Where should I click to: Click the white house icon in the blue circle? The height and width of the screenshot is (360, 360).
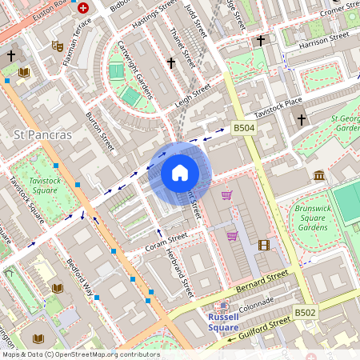[x=180, y=173]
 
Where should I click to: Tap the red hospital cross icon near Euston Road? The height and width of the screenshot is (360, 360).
[x=84, y=7]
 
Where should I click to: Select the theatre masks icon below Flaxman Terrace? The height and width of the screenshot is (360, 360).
[x=57, y=46]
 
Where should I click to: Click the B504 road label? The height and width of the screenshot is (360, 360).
[x=243, y=128]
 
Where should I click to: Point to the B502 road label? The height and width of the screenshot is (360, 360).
[x=305, y=312]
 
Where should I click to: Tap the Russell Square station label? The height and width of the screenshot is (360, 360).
[x=218, y=322]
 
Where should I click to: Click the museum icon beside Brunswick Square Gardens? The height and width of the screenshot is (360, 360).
[x=319, y=175]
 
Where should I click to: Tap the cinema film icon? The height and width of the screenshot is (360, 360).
[x=264, y=245]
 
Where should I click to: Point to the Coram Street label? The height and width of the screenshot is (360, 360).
[x=166, y=241]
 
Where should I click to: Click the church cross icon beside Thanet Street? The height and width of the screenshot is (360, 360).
[x=170, y=62]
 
